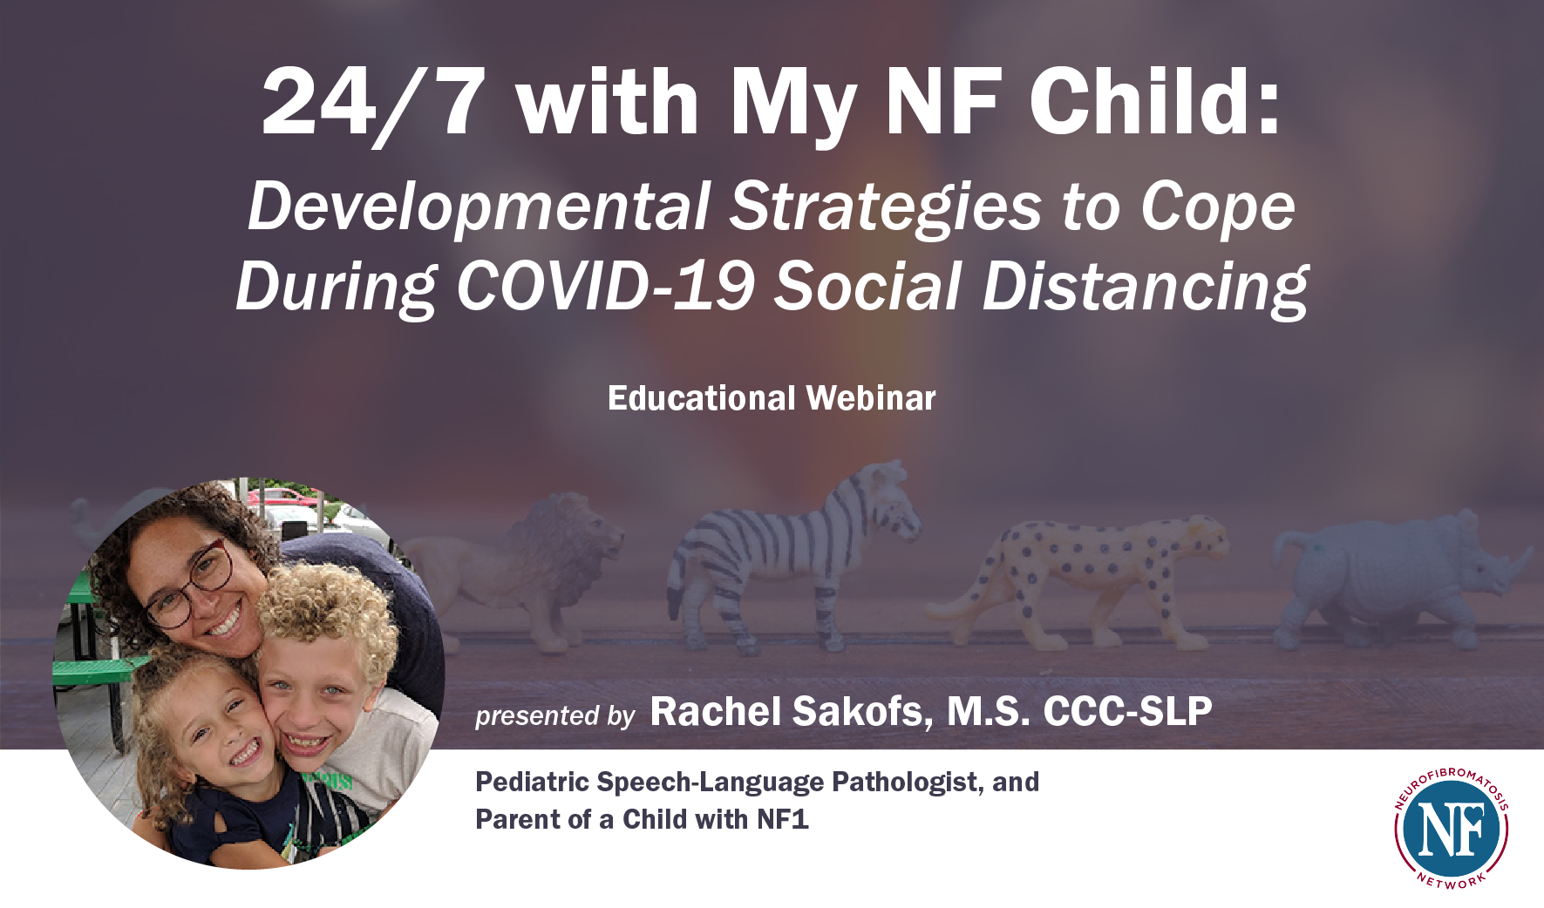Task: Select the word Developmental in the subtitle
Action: (x=479, y=208)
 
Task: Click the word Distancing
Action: (x=1146, y=288)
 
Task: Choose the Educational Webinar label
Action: (x=772, y=398)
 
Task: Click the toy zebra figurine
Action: (x=792, y=558)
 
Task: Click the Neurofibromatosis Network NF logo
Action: (x=1451, y=829)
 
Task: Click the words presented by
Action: (x=554, y=716)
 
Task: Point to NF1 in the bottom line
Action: (x=782, y=819)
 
